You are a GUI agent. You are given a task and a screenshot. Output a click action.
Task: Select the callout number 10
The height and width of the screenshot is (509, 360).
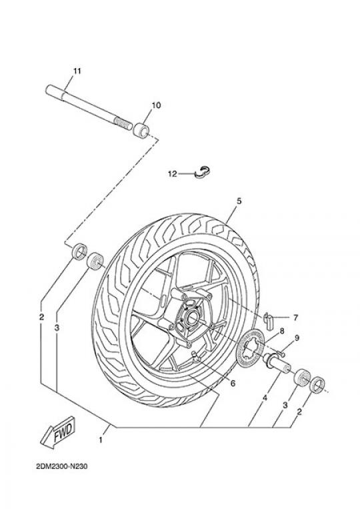click(x=156, y=105)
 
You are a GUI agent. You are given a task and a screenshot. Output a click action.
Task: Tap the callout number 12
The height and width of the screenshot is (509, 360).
click(x=173, y=174)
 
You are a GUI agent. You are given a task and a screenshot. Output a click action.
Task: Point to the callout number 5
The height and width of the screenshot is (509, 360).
click(x=239, y=201)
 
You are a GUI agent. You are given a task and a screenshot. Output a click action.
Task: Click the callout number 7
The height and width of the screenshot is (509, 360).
click(x=295, y=318)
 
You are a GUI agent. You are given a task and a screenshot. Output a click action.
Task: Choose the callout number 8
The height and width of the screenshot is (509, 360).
click(x=282, y=331)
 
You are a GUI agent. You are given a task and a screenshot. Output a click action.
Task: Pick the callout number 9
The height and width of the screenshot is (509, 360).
click(x=297, y=339)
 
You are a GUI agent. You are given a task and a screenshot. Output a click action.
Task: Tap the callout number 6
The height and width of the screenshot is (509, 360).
click(x=233, y=384)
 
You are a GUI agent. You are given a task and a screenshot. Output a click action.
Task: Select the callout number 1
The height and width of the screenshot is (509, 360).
click(x=101, y=440)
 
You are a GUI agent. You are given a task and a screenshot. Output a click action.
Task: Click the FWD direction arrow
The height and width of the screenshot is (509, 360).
click(x=58, y=433)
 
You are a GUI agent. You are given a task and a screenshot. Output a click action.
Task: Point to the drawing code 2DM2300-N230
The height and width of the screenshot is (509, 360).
click(x=62, y=467)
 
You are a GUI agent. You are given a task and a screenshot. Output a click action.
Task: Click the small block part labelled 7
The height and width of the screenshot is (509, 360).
click(x=269, y=321)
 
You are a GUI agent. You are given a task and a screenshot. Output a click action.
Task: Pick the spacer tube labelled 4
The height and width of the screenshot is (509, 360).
click(x=277, y=364)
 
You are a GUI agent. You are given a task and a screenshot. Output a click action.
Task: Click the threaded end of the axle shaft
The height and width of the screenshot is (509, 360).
click(x=122, y=123)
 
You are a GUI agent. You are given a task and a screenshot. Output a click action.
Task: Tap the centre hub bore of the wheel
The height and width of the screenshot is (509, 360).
click(x=192, y=316)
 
